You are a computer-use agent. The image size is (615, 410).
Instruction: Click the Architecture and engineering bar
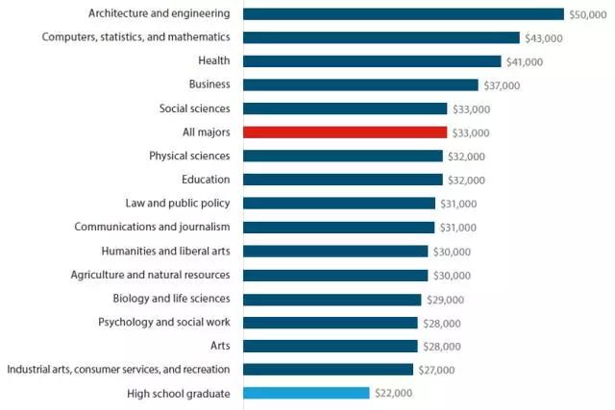pyautogui.click(x=404, y=13)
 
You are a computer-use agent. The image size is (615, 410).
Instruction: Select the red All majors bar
pyautogui.click(x=345, y=133)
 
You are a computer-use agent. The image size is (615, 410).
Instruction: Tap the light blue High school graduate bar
pyautogui.click(x=307, y=393)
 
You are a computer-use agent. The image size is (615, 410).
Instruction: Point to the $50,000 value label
pyautogui.click(x=587, y=14)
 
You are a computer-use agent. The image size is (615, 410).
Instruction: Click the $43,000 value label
pyautogui.click(x=543, y=38)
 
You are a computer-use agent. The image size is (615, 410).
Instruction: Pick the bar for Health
pyautogui.click(x=372, y=61)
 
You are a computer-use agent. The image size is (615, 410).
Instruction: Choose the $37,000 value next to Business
pyautogui.click(x=501, y=85)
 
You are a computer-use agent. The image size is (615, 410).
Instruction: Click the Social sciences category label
pyautogui.click(x=195, y=109)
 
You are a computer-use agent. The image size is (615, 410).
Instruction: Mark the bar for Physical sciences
pyautogui.click(x=343, y=156)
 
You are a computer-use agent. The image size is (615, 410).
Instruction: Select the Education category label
pyautogui.click(x=206, y=180)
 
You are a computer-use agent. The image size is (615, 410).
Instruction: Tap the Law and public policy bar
pyautogui.click(x=339, y=204)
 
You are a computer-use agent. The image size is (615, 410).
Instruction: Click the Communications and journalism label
pyautogui.click(x=152, y=227)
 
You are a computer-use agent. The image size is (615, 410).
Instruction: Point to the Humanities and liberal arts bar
pyautogui.click(x=335, y=251)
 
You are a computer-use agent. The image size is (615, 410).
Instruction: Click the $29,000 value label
pyautogui.click(x=444, y=299)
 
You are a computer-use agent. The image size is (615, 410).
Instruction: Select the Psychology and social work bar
pyautogui.click(x=331, y=322)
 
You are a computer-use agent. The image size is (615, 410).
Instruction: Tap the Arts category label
pyautogui.click(x=219, y=346)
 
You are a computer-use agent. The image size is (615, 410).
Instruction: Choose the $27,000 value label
pyautogui.click(x=436, y=370)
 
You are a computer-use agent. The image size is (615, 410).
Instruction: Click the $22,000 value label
pyautogui.click(x=393, y=394)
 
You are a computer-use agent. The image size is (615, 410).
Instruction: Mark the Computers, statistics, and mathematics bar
pyautogui.click(x=381, y=37)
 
